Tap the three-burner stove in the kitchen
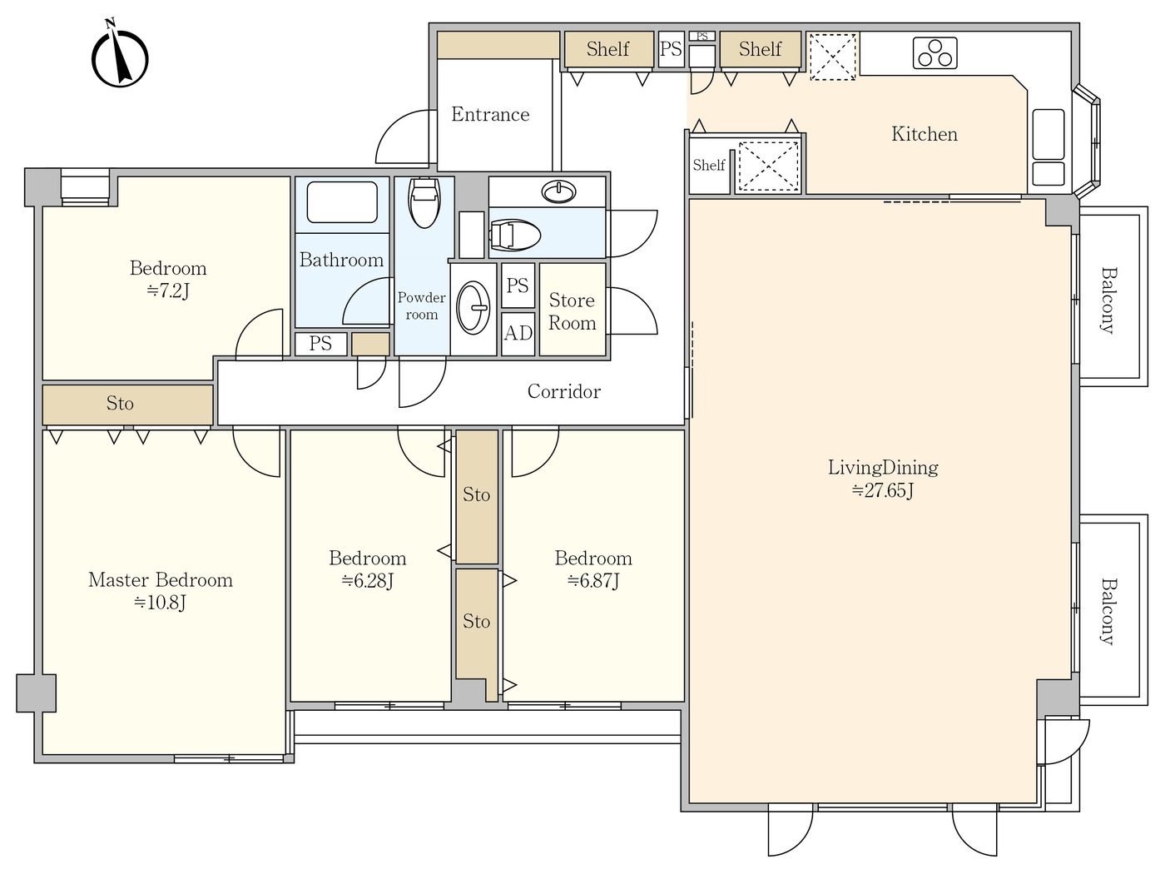(934, 53)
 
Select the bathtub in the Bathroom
(342, 202)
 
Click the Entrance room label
(490, 114)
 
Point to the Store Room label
(572, 311)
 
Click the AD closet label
(518, 333)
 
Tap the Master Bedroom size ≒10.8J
(160, 603)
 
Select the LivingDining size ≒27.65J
(883, 490)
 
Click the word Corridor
(563, 391)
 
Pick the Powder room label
(421, 305)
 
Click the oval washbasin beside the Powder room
(473, 308)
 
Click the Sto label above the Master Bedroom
(120, 404)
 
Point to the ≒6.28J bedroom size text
(367, 581)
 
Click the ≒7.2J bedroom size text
(168, 291)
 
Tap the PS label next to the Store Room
(518, 286)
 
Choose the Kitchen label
(925, 134)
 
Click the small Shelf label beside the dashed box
(708, 165)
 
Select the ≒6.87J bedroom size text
(593, 581)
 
